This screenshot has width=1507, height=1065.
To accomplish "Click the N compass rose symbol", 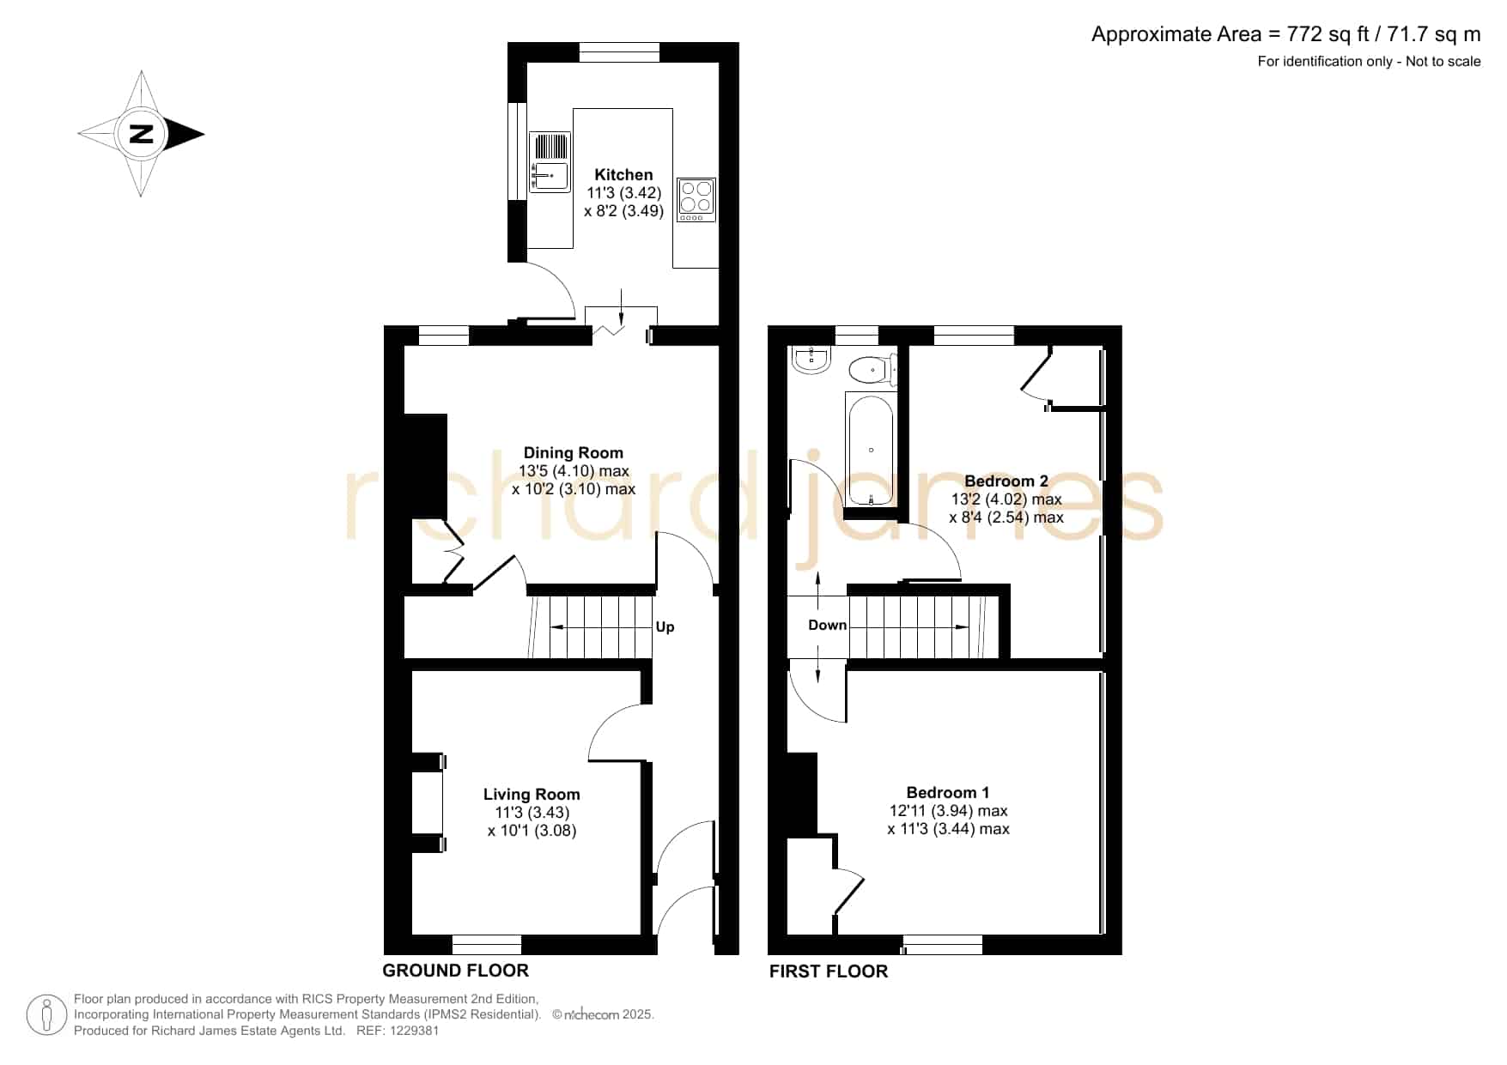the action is tap(141, 134).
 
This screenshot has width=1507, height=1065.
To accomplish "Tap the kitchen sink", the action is tap(550, 161).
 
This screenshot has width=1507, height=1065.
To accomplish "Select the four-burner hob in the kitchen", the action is tap(696, 200).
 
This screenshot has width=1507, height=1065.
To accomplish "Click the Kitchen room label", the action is tap(624, 174).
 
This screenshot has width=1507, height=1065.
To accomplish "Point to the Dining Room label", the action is tap(574, 452).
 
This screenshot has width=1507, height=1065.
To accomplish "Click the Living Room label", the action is tap(532, 794).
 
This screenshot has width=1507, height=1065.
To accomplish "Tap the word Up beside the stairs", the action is tap(665, 626).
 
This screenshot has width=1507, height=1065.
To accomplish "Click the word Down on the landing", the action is tap(828, 625).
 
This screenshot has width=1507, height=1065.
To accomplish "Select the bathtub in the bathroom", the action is tap(871, 450).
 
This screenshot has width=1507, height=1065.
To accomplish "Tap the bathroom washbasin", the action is tap(811, 360).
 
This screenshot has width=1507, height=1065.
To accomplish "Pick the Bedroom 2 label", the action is tap(1006, 481).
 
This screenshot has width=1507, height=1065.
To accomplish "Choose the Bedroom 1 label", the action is tap(948, 792).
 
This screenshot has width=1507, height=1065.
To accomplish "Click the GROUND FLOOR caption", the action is tap(455, 970).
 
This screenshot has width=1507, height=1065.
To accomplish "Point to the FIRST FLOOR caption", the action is tap(829, 971).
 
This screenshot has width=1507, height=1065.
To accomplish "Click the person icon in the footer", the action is tap(46, 1015).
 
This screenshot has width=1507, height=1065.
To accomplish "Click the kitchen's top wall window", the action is tap(619, 52).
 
